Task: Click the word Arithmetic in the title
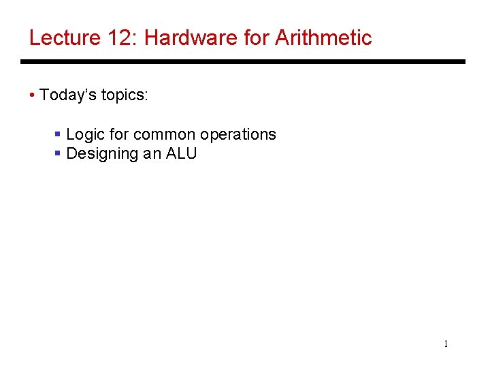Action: point(323,37)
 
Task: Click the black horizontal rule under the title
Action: point(243,62)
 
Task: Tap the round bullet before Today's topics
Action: point(33,95)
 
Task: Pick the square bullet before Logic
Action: point(58,134)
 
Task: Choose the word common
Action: point(161,134)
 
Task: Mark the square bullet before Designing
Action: point(58,153)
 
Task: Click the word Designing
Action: point(103,153)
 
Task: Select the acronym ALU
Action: point(181,153)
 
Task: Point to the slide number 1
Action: point(446,343)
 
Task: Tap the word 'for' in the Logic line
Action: point(118,134)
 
